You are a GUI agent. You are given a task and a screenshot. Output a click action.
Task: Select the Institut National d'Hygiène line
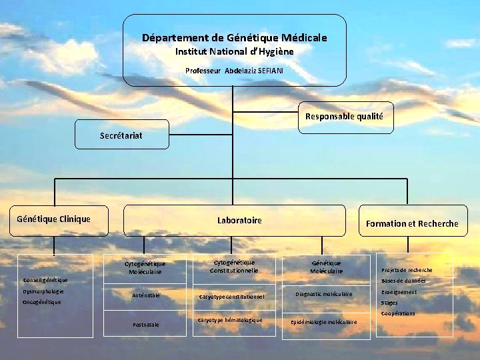(235, 51)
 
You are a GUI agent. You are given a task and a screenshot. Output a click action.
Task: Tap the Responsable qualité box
(344, 116)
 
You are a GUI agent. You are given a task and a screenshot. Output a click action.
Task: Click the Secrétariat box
(121, 135)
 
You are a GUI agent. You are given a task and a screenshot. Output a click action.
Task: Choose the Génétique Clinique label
(53, 219)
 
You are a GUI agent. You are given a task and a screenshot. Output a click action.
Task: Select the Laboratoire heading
(239, 220)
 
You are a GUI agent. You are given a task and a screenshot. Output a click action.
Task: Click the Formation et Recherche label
(412, 223)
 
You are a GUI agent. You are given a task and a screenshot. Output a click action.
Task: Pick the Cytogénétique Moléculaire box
(146, 267)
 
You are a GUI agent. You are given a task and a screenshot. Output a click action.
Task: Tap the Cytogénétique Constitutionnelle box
(234, 266)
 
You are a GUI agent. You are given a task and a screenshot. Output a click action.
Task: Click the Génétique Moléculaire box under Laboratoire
(326, 267)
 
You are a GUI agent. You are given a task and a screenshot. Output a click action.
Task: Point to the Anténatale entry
(145, 295)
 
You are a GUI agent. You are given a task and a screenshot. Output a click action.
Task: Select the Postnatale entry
(145, 325)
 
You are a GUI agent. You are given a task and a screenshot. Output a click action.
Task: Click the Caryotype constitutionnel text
(232, 296)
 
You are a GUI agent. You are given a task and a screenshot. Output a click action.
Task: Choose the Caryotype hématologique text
(231, 320)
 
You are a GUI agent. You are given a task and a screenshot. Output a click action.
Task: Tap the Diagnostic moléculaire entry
(323, 294)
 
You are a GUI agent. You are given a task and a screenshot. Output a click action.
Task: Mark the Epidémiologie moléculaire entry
(323, 322)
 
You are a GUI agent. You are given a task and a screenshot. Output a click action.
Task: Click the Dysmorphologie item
(43, 291)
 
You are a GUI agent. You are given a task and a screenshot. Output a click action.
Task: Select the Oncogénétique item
(41, 302)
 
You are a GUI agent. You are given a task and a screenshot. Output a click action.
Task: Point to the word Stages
(389, 303)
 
